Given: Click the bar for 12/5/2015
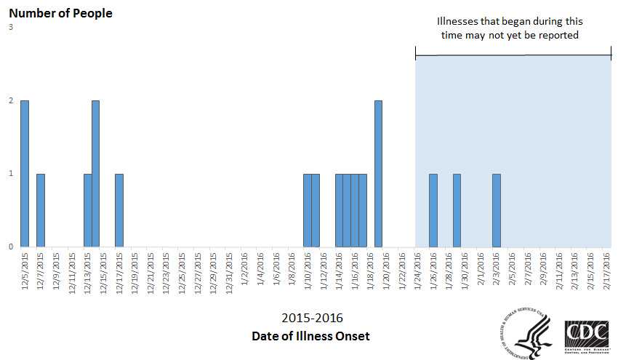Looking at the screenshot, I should (25, 174).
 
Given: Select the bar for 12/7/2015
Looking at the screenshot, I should (41, 210).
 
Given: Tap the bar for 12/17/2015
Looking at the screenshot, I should (119, 210).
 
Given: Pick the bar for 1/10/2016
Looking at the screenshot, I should (308, 210).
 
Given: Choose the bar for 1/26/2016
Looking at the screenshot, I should (433, 210).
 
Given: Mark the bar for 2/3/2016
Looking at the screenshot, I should (497, 210).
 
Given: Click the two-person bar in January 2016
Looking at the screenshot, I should (378, 174).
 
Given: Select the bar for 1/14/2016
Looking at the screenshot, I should (339, 210).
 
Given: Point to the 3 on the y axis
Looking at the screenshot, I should (11, 28).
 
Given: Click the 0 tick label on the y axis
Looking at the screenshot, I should (11, 247).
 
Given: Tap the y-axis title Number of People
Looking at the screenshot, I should (60, 13).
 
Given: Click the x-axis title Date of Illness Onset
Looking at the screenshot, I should (310, 336).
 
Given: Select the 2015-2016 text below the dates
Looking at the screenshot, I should (312, 318).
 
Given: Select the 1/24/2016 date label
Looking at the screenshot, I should (418, 271).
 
